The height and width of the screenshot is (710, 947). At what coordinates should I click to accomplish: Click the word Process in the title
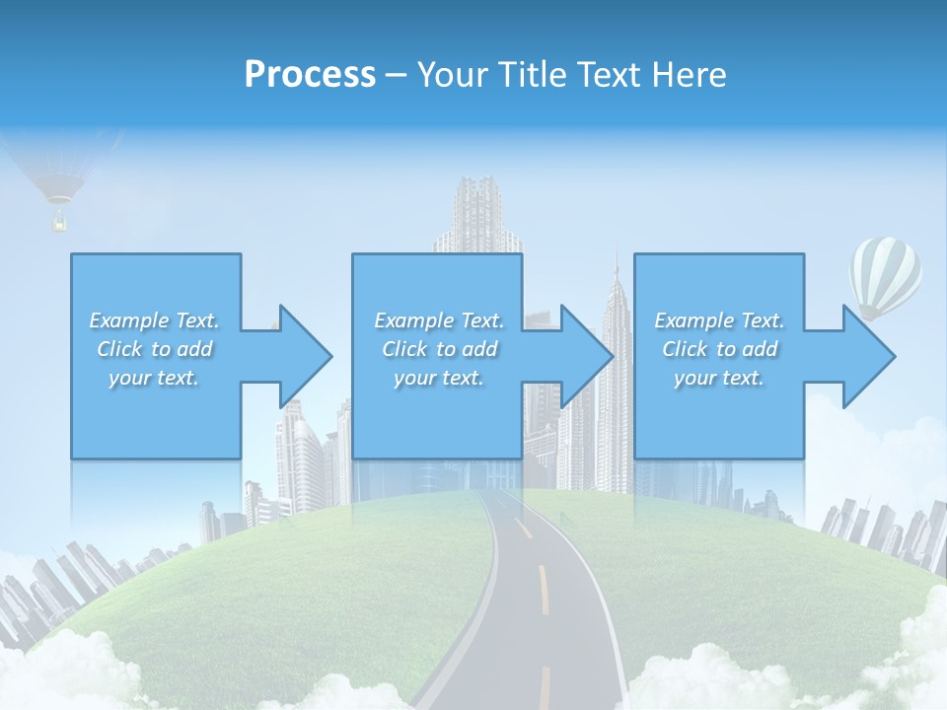[310, 74]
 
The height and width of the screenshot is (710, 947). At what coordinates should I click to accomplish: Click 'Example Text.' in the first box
[154, 320]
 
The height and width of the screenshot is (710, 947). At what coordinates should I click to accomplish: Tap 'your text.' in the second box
[438, 378]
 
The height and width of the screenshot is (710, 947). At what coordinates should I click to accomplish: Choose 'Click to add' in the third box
[720, 349]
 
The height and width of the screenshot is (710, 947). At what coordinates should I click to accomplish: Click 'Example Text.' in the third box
[719, 320]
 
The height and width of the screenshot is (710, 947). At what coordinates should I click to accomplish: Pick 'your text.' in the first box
[154, 378]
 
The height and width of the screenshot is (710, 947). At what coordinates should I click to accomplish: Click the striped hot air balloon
[885, 274]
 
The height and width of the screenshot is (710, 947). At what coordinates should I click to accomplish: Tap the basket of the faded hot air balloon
[59, 223]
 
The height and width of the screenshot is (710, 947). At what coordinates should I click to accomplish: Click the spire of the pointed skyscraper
[616, 266]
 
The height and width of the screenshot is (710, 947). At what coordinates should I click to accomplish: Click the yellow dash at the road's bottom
[545, 686]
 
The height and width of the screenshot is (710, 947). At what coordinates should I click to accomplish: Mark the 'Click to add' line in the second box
[439, 349]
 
